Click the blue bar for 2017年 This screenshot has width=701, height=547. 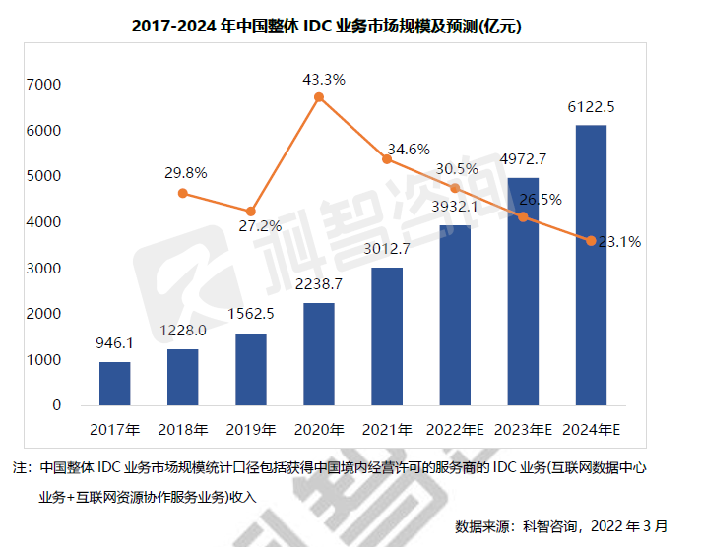tap(115, 384)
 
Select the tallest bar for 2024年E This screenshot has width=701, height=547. tap(591, 266)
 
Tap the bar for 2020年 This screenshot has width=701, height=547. tap(319, 354)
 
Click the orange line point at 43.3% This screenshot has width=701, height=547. tap(319, 97)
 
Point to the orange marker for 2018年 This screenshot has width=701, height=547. tap(183, 193)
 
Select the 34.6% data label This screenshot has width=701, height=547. tap(409, 150)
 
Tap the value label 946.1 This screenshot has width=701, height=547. tap(116, 344)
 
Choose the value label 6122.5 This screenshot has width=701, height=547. tap(591, 107)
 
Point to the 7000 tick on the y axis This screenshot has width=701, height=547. tap(45, 85)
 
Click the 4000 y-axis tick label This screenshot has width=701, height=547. tap(45, 222)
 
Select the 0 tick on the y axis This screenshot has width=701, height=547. tap(56, 404)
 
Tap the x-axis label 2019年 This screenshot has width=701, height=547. tap(251, 430)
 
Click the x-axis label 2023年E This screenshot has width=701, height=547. tap(522, 430)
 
